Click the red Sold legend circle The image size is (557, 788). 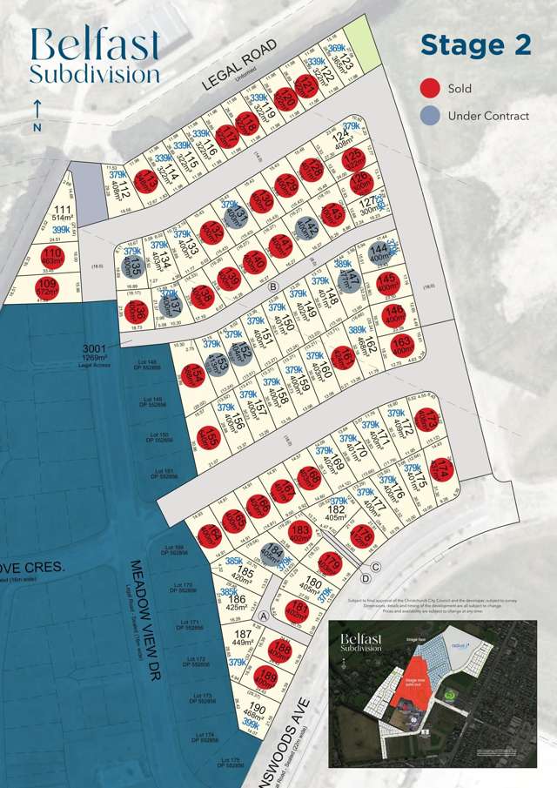point(430,88)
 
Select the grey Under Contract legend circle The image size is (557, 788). point(430,115)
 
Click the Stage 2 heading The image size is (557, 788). point(475,45)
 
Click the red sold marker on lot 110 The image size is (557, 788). point(50,256)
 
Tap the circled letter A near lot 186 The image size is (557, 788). point(262,614)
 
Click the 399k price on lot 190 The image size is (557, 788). point(251,723)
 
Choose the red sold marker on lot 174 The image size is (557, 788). point(441,470)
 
